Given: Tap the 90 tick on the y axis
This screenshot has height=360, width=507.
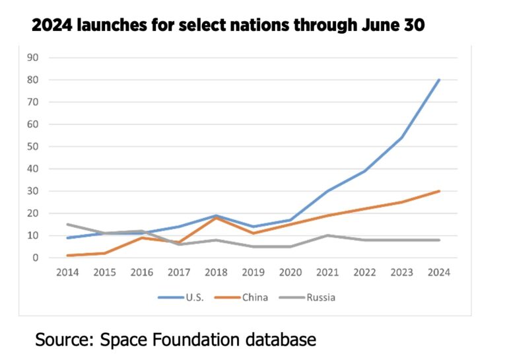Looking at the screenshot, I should pos(33,57).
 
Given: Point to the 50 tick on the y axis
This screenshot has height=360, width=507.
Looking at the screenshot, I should pos(33,147).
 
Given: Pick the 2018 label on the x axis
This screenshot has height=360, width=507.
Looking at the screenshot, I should pos(217,273).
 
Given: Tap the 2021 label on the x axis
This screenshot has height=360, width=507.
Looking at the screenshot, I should pos(328,273).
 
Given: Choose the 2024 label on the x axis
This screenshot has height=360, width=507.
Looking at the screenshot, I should pos(439,273).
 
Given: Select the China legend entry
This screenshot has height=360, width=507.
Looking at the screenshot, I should pos(255,297).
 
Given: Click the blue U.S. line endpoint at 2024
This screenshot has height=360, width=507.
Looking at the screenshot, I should pos(440,80).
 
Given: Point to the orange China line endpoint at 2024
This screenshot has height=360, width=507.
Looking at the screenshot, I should pos(440,191).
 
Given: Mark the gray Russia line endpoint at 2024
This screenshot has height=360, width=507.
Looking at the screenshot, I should pos(440,240).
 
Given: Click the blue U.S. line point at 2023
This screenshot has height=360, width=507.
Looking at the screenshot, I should pos(403,137).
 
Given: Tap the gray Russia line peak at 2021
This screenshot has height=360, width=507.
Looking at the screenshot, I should pos(328,235).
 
